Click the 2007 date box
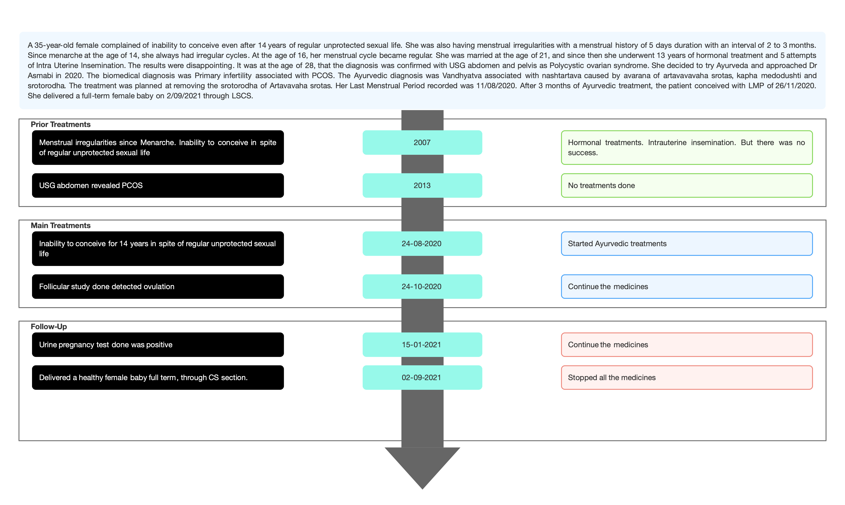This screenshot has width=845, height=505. click(x=422, y=143)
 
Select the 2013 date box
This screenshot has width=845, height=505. click(x=422, y=186)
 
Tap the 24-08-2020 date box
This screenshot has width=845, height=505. click(x=422, y=244)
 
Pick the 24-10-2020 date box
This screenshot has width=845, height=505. click(x=422, y=287)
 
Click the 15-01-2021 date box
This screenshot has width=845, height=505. click(x=422, y=345)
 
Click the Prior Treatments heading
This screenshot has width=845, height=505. click(x=61, y=124)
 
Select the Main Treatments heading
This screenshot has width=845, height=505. click(x=61, y=226)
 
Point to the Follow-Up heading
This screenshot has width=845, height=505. click(x=49, y=327)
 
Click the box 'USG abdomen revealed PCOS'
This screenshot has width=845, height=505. click(x=158, y=186)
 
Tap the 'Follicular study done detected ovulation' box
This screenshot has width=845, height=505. click(x=158, y=287)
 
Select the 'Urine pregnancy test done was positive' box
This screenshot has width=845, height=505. click(x=158, y=345)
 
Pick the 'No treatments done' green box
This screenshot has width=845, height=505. click(x=687, y=186)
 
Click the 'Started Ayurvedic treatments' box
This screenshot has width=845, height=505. click(x=687, y=244)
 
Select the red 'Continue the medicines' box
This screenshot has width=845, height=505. click(x=687, y=345)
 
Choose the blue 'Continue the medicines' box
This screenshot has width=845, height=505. click(x=687, y=287)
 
